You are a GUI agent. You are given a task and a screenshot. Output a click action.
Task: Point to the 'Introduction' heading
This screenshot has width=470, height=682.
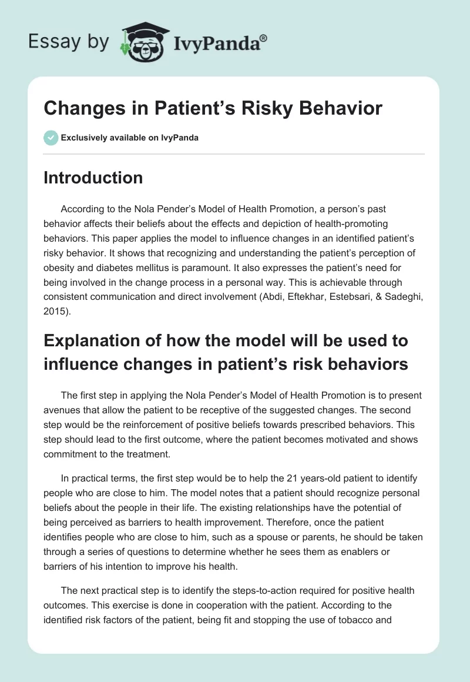[93, 178]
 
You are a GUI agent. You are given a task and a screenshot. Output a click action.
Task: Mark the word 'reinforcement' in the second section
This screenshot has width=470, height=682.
[167, 410]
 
